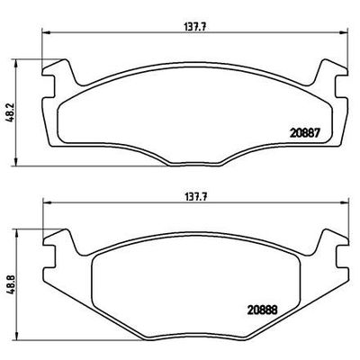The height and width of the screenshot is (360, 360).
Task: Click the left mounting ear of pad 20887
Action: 55,72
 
